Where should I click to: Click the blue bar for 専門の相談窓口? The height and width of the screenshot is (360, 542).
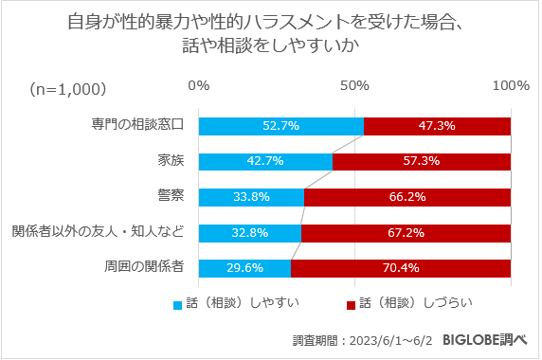(x=280, y=126)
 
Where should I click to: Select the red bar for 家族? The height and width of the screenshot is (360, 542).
(x=422, y=161)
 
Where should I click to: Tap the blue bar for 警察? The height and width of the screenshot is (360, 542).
(x=251, y=197)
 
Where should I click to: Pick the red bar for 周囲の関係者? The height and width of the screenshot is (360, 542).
(x=401, y=267)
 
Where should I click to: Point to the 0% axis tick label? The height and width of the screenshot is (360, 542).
(x=199, y=86)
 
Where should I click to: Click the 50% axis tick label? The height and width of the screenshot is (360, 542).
(x=354, y=86)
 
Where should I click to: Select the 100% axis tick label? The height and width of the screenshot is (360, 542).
(x=511, y=86)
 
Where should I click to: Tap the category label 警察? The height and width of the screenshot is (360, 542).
(x=171, y=196)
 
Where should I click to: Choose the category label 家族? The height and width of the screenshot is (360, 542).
(x=171, y=160)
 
